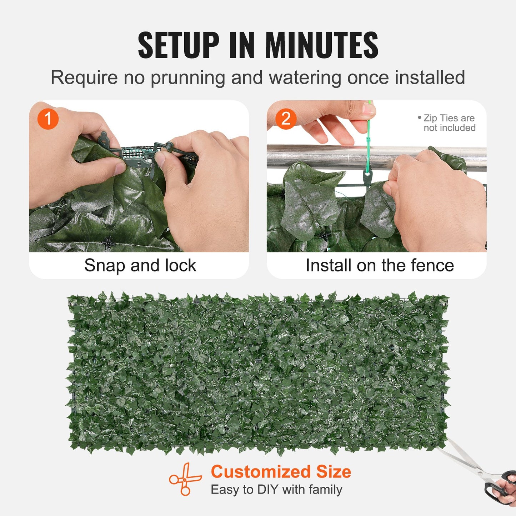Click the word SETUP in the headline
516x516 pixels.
[178, 45]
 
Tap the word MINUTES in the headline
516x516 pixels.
[321, 45]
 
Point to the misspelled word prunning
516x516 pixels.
[188, 78]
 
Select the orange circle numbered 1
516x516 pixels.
[48, 119]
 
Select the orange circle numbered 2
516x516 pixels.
[286, 119]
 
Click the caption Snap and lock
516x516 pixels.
[140, 265]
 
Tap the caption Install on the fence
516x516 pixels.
[380, 265]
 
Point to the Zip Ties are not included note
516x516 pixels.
[448, 123]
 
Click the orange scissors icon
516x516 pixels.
[185, 479]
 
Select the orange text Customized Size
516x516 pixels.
[281, 472]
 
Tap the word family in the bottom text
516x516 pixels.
[325, 490]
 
